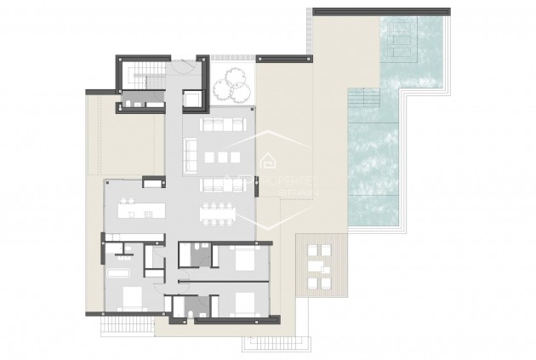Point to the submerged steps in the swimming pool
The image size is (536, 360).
(363, 100)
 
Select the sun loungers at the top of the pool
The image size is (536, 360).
(409, 37)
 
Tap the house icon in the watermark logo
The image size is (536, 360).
(269, 159)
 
